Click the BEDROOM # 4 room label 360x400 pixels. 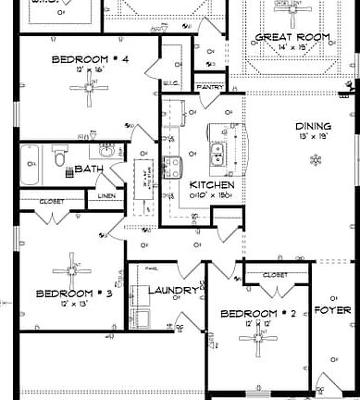pyautogui.click(x=90, y=59)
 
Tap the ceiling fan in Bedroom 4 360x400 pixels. pyautogui.click(x=91, y=90)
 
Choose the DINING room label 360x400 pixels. pyautogui.click(x=313, y=126)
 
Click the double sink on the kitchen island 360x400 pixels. pyautogui.click(x=219, y=153)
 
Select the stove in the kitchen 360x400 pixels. pyautogui.click(x=172, y=168)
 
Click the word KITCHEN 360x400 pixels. pyautogui.click(x=211, y=185)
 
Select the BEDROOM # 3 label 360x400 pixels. pyautogui.click(x=73, y=294)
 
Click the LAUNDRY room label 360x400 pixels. pyautogui.click(x=173, y=291)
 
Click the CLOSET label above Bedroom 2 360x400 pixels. pyautogui.click(x=275, y=275)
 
